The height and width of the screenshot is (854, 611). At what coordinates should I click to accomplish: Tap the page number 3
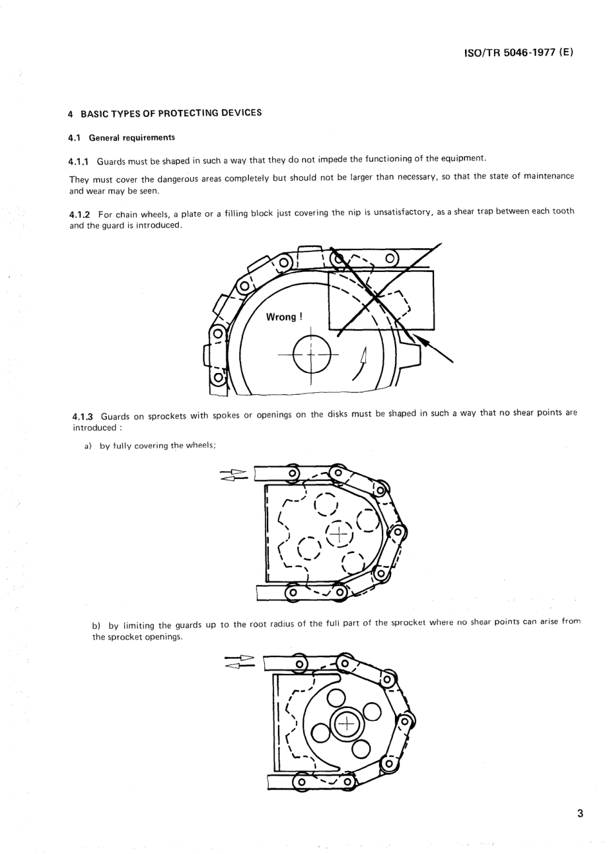pos(579,813)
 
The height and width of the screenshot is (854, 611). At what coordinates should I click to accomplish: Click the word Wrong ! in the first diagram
pos(284,317)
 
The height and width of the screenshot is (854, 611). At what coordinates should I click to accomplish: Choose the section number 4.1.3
pos(83,416)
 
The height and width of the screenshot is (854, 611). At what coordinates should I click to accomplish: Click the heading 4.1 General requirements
pos(122,138)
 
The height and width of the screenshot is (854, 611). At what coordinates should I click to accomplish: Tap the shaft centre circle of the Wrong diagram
pos(311,354)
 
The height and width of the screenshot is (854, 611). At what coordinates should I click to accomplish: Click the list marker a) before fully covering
pos(89,446)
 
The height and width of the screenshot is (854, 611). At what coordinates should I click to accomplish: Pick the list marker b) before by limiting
pos(97,625)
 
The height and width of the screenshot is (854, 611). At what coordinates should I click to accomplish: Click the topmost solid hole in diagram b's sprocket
pos(338,697)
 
